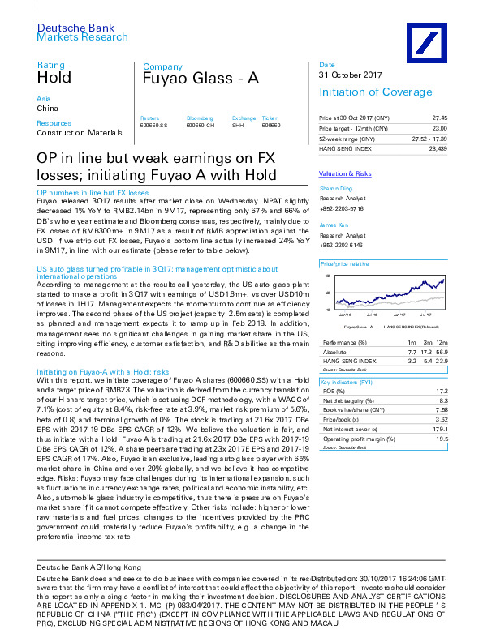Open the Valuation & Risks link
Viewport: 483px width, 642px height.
[x=345, y=174]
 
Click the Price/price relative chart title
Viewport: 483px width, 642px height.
[x=346, y=264]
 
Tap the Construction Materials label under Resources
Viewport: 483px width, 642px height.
[x=80, y=132]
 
